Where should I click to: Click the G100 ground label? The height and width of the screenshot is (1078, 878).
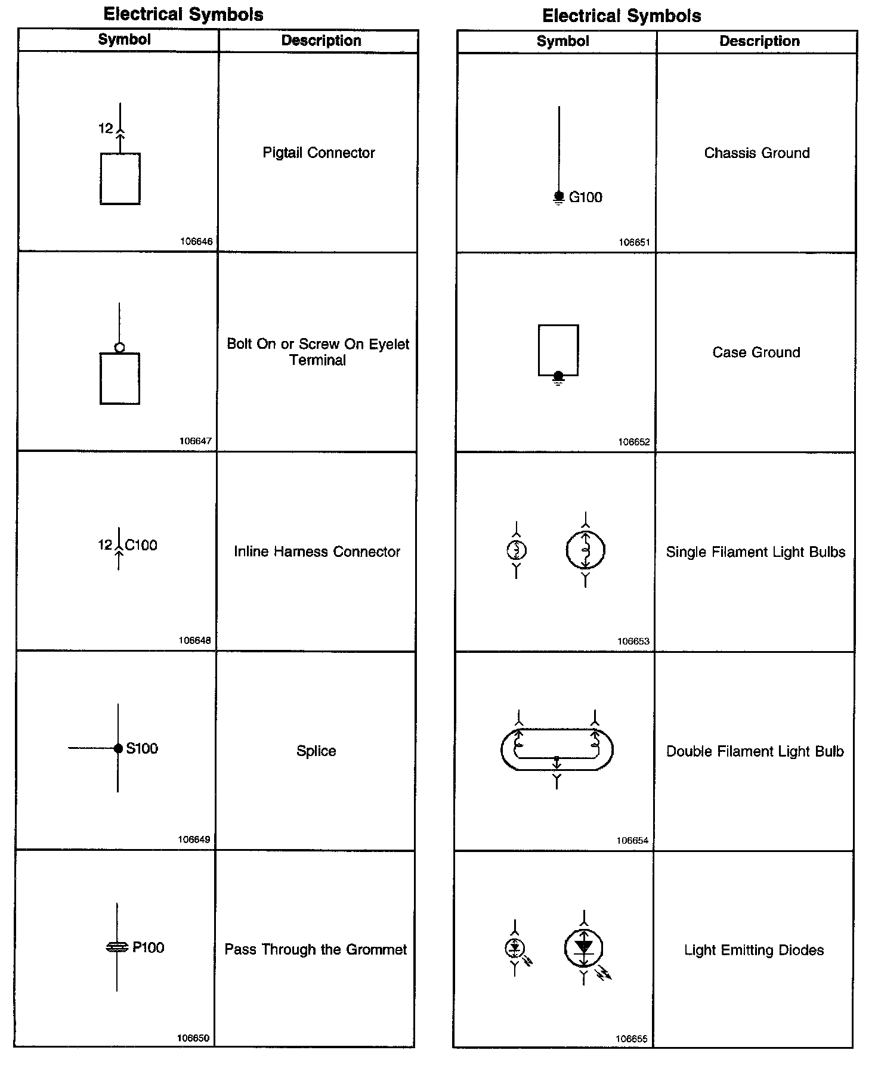pyautogui.click(x=585, y=197)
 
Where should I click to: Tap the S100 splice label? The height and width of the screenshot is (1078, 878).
pyautogui.click(x=142, y=748)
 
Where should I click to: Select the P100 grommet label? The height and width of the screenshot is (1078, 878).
pyautogui.click(x=148, y=947)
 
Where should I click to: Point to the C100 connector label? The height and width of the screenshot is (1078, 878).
pyautogui.click(x=141, y=545)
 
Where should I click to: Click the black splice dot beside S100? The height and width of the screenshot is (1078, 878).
pyautogui.click(x=118, y=748)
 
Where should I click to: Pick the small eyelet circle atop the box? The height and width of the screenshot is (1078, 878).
pyautogui.click(x=119, y=348)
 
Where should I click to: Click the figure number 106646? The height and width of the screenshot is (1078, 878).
pyautogui.click(x=196, y=241)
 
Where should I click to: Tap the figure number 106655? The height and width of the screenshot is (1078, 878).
pyautogui.click(x=632, y=1039)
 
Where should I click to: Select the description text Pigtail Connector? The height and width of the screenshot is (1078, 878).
pyautogui.click(x=319, y=153)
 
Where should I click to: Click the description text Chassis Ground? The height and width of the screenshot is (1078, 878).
pyautogui.click(x=757, y=153)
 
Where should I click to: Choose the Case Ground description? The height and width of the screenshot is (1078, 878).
pyautogui.click(x=756, y=352)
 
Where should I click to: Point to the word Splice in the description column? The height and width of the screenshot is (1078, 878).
pyautogui.click(x=316, y=751)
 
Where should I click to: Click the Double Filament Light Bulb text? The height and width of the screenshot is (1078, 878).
pyautogui.click(x=755, y=751)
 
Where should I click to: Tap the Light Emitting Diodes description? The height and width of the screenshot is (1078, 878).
pyautogui.click(x=754, y=950)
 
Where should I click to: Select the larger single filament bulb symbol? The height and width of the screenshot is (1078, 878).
pyautogui.click(x=585, y=550)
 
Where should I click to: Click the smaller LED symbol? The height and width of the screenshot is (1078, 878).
pyautogui.click(x=515, y=947)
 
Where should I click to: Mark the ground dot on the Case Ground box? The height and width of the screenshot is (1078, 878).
pyautogui.click(x=558, y=376)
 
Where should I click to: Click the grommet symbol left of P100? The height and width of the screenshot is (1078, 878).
pyautogui.click(x=117, y=947)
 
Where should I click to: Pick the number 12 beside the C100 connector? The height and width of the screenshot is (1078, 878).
pyautogui.click(x=105, y=545)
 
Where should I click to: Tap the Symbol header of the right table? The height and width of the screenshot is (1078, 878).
pyautogui.click(x=562, y=41)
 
